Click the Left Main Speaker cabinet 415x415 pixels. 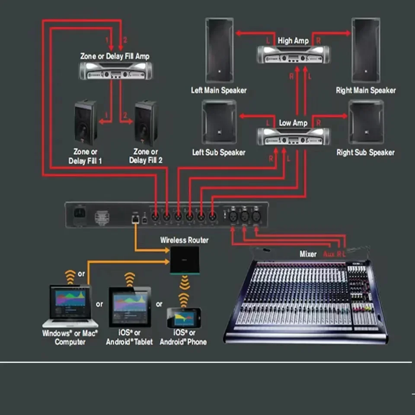pos(219,50)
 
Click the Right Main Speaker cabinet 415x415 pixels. pos(366,50)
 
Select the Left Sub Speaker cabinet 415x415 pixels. pos(219,122)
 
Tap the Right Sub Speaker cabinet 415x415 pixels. pos(366,122)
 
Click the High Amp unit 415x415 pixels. pos(293,54)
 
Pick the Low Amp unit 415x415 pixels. pos(293,137)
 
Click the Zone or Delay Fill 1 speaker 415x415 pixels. pos(85,123)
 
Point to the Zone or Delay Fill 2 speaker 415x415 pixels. pos(146,123)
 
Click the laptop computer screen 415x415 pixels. pos(70,299)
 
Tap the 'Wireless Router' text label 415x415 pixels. pos(184,240)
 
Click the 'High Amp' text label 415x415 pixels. pos(293,41)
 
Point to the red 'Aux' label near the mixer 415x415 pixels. pos(329,254)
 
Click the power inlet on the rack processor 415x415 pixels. pos(80,214)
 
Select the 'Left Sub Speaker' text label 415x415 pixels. pos(219,153)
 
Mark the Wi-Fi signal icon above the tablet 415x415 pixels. pos(130,280)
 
